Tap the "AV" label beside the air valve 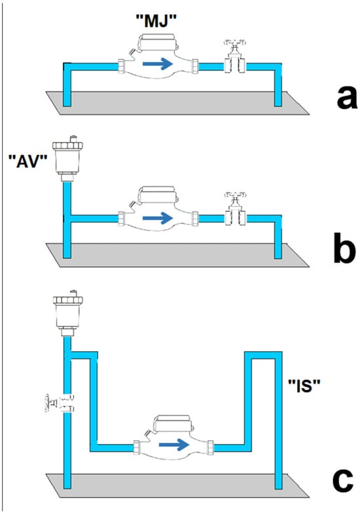pyautogui.click(x=27, y=162)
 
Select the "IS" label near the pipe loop pyautogui.click(x=304, y=386)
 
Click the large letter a pyautogui.click(x=347, y=98)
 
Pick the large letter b pyautogui.click(x=344, y=247)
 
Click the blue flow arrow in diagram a pyautogui.click(x=158, y=63)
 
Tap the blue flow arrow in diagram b pyautogui.click(x=158, y=218)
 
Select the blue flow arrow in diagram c pyautogui.click(x=174, y=445)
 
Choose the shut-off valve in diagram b pyautogui.click(x=235, y=209)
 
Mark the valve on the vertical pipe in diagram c pyautogui.click(x=60, y=403)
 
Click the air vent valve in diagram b pyautogui.click(x=67, y=158)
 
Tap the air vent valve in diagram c pyautogui.click(x=67, y=313)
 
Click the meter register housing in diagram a pyautogui.click(x=157, y=43)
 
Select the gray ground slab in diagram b pyautogui.click(x=177, y=255)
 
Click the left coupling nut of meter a pyautogui.click(x=121, y=66)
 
